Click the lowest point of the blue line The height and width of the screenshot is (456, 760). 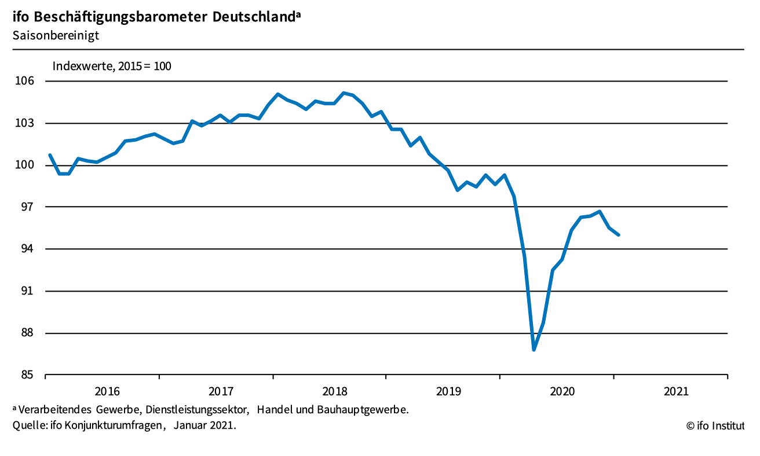[534, 350]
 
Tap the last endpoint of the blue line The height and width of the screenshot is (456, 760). [619, 235]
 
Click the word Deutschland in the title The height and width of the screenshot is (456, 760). [254, 17]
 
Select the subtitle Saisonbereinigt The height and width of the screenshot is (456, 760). [56, 35]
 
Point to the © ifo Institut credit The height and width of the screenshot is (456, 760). [715, 426]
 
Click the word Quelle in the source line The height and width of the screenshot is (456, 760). [27, 426]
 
